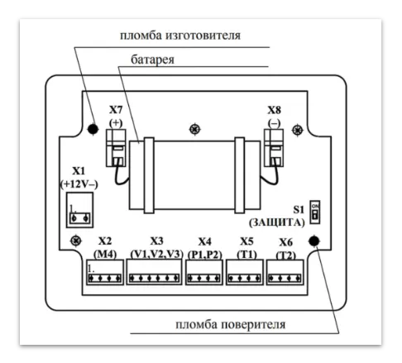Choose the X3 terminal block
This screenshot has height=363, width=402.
[x=154, y=274]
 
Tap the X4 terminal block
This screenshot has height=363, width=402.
[x=203, y=274]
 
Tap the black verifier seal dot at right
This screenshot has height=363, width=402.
[x=314, y=241]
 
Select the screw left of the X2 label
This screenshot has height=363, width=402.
[x=75, y=241]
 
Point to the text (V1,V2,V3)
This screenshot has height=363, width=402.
[x=154, y=252]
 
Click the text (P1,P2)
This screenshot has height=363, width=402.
[x=203, y=252]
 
